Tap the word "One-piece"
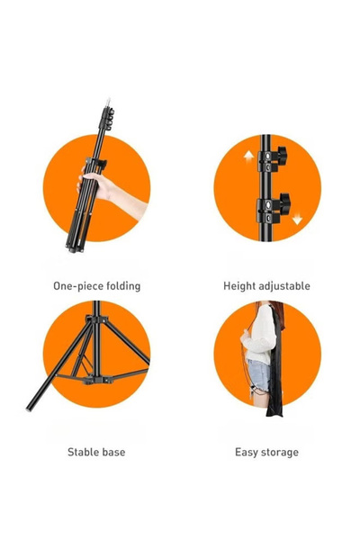coord(76,286)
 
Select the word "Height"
coord(239,286)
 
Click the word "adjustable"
coord(284,286)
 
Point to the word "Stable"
coord(84,452)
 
